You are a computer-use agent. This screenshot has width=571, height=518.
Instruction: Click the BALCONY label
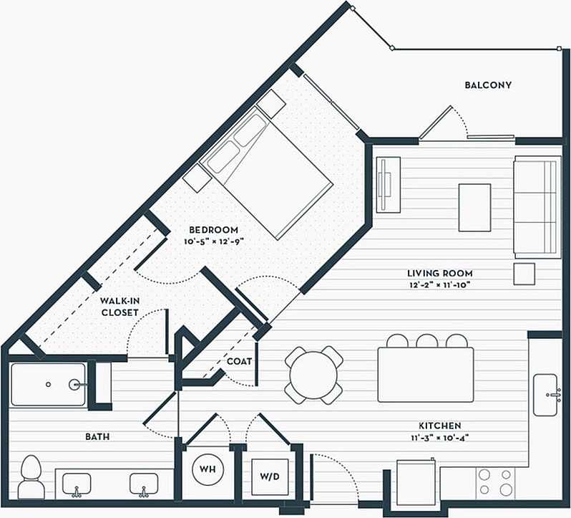[488, 85]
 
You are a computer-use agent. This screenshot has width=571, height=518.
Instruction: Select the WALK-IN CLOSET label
[119, 307]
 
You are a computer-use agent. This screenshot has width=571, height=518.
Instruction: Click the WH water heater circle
[208, 469]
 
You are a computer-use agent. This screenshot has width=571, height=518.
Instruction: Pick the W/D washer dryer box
[269, 475]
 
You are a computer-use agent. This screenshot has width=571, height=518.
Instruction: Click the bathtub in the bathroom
[49, 385]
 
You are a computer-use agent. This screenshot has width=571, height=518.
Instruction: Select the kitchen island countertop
[425, 375]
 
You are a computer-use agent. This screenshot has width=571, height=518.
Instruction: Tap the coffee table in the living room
[474, 208]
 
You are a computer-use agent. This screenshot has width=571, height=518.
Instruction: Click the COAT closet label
[239, 361]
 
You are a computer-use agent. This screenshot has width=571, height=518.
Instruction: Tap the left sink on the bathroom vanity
[76, 485]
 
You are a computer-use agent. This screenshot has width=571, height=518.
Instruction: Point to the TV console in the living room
[389, 184]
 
